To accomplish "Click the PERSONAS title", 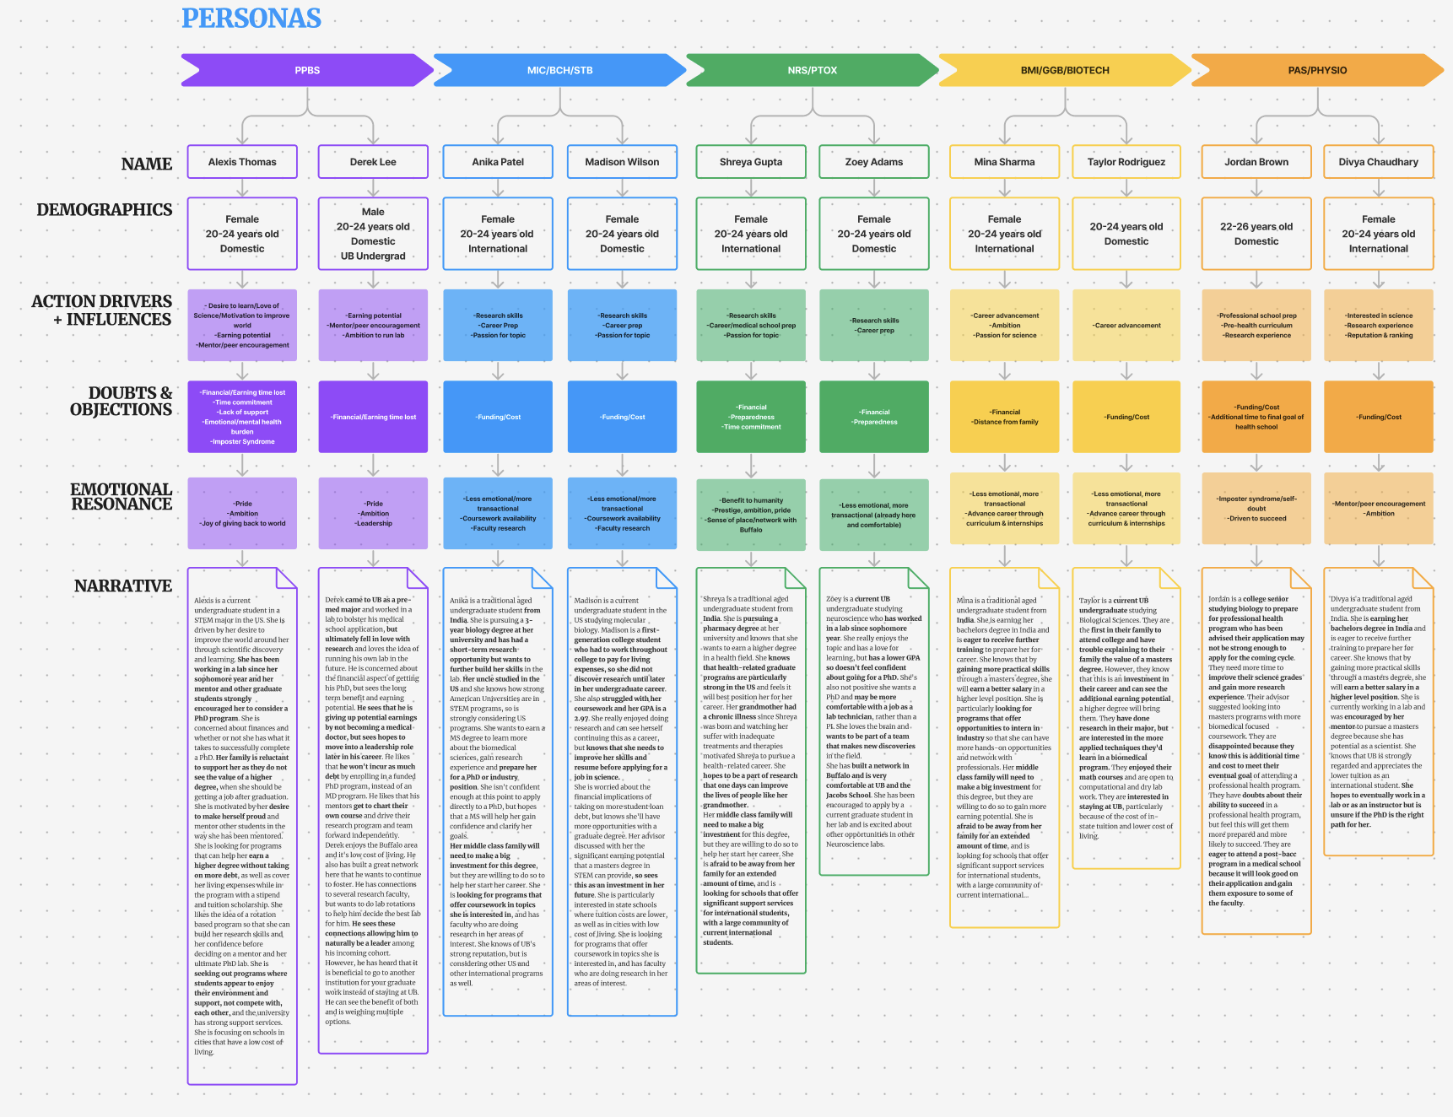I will [x=251, y=19].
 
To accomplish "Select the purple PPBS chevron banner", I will [x=307, y=70].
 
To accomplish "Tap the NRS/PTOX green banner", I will [x=812, y=70].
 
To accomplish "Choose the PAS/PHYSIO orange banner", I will [x=1317, y=70].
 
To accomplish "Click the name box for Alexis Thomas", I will [x=242, y=162].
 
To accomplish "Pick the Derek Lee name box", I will [x=373, y=162].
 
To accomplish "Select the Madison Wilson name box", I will [x=622, y=162].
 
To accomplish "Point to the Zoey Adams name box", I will [x=873, y=162].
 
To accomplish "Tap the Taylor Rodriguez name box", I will [x=1126, y=162].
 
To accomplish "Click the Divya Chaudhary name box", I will [x=1378, y=162].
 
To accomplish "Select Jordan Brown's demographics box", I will [x=1256, y=234].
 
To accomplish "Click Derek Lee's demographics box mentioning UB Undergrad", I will [x=373, y=234].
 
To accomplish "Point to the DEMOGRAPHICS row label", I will [x=105, y=210].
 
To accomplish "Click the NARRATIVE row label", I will [x=123, y=586].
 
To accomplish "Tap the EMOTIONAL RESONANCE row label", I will [x=122, y=497].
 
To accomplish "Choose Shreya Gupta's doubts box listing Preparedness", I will [x=751, y=417].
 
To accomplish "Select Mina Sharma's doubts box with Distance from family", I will [x=1004, y=417].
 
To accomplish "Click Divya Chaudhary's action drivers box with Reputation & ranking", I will [x=1378, y=326].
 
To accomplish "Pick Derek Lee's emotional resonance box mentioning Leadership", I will [x=373, y=513].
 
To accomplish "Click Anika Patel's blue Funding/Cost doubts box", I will [x=498, y=417].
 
